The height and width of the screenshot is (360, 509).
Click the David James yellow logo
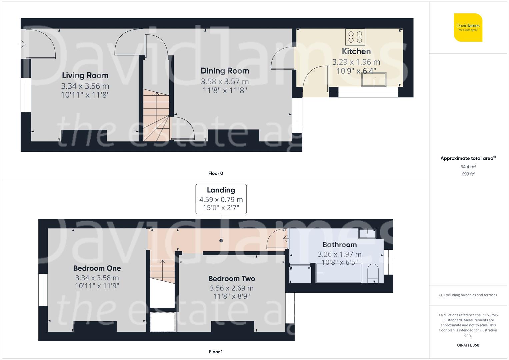468,27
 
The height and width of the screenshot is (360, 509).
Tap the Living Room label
85,76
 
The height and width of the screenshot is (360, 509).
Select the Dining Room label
225,71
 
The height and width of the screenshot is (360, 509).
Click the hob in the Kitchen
355,37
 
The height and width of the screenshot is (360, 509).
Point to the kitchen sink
374,79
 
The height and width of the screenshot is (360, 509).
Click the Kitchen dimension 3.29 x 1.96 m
356,62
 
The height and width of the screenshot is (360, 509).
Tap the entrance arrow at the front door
22,44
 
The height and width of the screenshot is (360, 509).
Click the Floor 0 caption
216,173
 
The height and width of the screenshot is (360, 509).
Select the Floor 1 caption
216,352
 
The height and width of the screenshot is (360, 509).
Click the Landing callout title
221,190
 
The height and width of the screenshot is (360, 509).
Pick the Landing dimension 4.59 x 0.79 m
221,200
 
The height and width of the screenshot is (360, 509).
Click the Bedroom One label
97,268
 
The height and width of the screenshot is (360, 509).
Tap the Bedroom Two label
232,279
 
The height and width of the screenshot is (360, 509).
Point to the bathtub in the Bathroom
338,273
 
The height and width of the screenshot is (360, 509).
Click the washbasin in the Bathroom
367,233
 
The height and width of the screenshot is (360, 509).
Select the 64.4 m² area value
468,167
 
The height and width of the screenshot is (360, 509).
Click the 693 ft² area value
468,174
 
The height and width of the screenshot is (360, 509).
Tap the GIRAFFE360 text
468,345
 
